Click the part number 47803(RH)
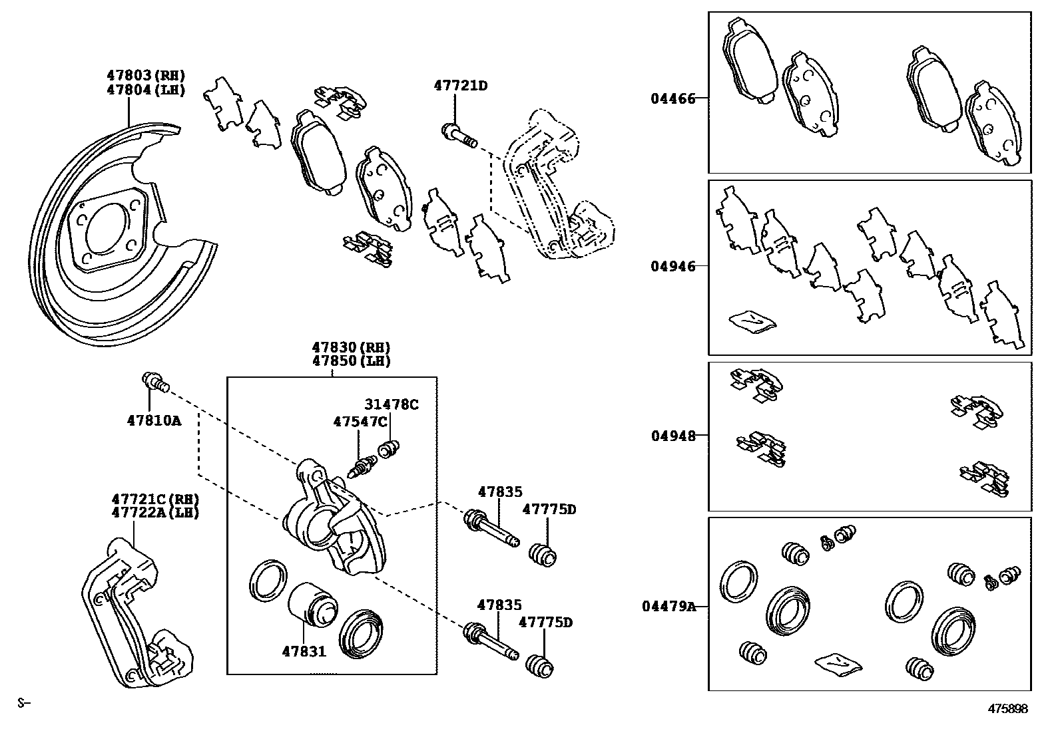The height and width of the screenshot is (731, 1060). [x=145, y=76]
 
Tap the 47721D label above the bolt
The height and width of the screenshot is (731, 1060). [x=461, y=86]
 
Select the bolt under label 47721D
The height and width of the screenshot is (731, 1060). [x=459, y=135]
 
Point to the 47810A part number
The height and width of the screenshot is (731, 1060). [x=154, y=420]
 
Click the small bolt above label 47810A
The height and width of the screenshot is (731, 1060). [x=154, y=382]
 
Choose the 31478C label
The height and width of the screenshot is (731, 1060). [x=391, y=404]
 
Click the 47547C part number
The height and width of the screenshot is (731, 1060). [x=360, y=422]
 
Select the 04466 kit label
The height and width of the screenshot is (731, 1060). [x=672, y=99]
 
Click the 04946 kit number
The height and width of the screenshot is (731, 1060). [x=672, y=267]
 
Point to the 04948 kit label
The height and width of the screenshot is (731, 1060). [x=672, y=436]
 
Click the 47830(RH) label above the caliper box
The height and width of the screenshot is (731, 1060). [x=351, y=347]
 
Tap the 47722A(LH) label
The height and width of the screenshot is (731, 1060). [x=155, y=513]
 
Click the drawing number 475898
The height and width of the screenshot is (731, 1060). [x=1007, y=709]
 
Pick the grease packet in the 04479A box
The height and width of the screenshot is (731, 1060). [x=838, y=664]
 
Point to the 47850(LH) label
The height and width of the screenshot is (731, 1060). [x=351, y=361]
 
